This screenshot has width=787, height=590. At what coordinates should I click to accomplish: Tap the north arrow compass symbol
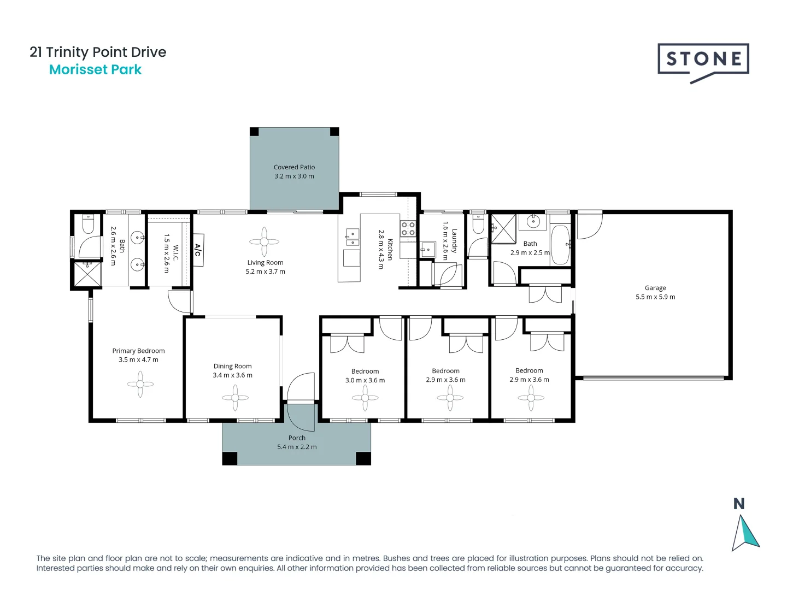point(744,533)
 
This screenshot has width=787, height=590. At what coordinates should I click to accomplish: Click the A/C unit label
point(198,250)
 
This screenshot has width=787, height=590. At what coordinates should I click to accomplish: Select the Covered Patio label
point(294,167)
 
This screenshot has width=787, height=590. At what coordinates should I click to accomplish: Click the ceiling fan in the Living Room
point(265,241)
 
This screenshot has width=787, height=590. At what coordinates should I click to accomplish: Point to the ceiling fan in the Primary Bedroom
point(140,384)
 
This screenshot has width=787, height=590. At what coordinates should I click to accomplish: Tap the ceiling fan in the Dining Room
point(235,398)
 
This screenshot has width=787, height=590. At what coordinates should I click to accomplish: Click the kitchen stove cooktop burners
point(408,229)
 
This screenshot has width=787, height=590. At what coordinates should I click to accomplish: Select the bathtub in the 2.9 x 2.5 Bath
point(560,245)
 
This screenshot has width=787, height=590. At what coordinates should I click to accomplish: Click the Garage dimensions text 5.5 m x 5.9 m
point(655,297)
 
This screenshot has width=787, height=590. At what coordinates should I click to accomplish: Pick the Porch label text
point(297,438)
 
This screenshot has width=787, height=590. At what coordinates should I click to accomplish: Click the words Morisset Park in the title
point(95,70)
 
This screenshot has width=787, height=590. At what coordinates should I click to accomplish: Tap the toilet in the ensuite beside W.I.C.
point(89,225)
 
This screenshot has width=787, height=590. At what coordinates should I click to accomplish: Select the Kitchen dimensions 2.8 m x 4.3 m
point(381,249)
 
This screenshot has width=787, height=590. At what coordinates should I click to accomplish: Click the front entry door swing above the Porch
point(299,387)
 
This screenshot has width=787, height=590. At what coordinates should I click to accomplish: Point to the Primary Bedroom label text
point(138,351)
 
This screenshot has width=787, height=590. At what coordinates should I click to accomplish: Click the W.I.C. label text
point(175,252)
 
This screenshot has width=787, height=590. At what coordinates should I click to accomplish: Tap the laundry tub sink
point(427,250)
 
